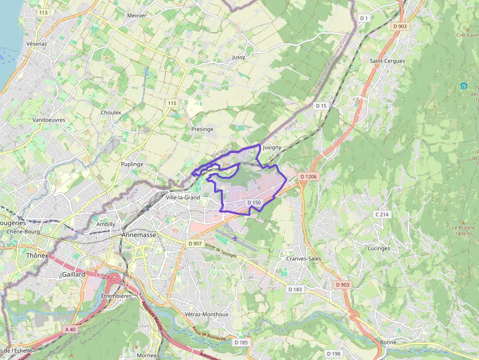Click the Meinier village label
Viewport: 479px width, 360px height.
pos(136,16)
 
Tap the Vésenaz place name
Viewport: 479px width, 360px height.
pos(37,43)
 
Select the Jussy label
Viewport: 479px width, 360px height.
pos(239,57)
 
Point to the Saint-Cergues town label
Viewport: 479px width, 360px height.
pos(387,61)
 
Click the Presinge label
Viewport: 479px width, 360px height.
pos(202,129)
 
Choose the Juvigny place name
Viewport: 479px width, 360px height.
pos(272,147)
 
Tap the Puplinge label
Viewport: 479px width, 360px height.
pos(132,164)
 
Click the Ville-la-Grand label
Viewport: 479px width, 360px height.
pos(183,197)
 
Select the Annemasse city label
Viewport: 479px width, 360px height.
pos(138,235)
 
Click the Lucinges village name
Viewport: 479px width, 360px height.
pos(379,248)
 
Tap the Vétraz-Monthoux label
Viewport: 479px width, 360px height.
pos(207,314)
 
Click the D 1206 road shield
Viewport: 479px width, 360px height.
pos(308,176)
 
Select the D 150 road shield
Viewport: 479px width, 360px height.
pos(254,202)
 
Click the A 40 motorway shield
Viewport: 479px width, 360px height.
pos(70,329)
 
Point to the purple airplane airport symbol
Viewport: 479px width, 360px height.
pos(236,238)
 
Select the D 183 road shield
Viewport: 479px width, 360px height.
pos(295,289)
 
